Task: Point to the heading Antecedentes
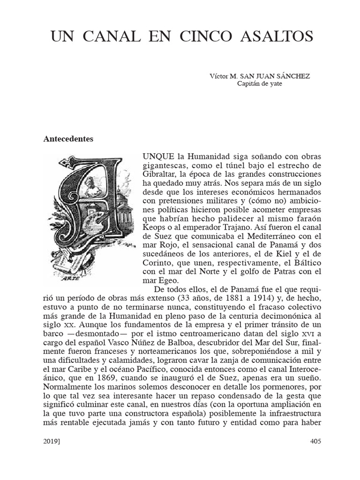tap(68, 139)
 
